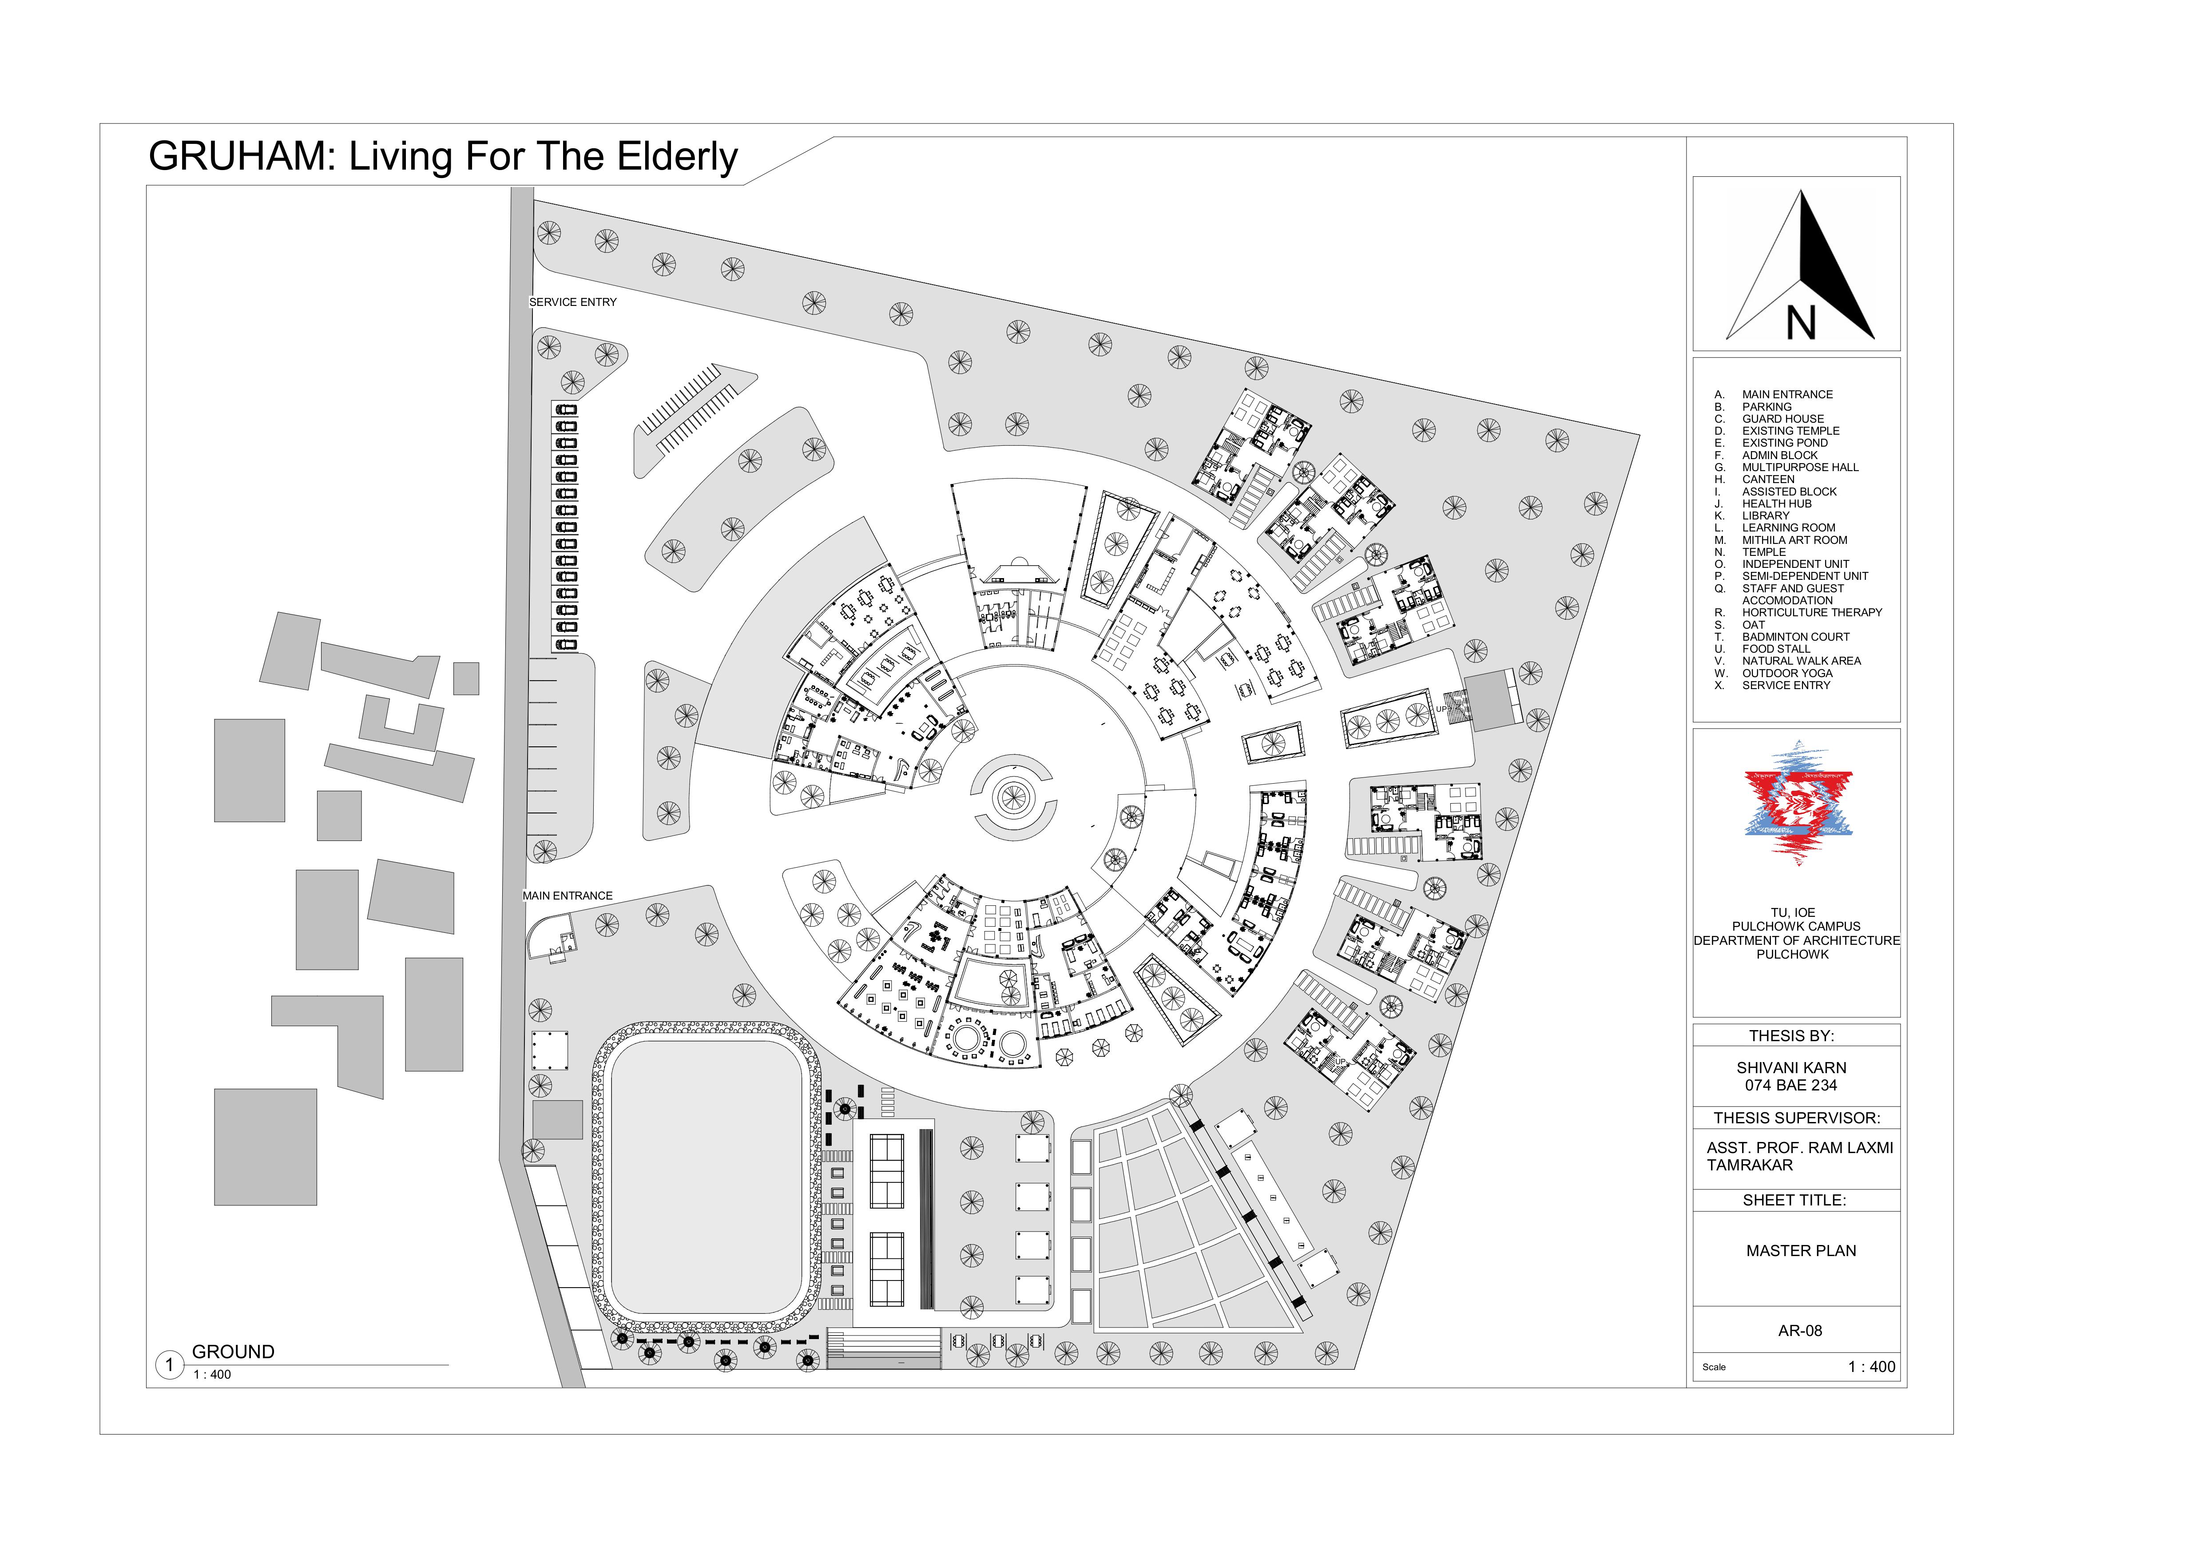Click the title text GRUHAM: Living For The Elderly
tap(443, 156)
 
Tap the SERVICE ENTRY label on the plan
tap(573, 302)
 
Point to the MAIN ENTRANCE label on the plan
tap(567, 896)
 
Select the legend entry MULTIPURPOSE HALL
tap(1800, 467)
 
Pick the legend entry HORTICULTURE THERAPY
tap(1811, 612)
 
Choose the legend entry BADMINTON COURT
tap(1795, 637)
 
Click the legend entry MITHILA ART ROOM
tap(1794, 540)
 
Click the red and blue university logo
tap(1798, 803)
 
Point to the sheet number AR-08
tap(1800, 1331)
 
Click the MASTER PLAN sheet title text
tap(1801, 1251)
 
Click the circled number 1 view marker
tap(170, 1365)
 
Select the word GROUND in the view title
tap(233, 1352)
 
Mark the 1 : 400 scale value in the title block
tap(1871, 1367)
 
